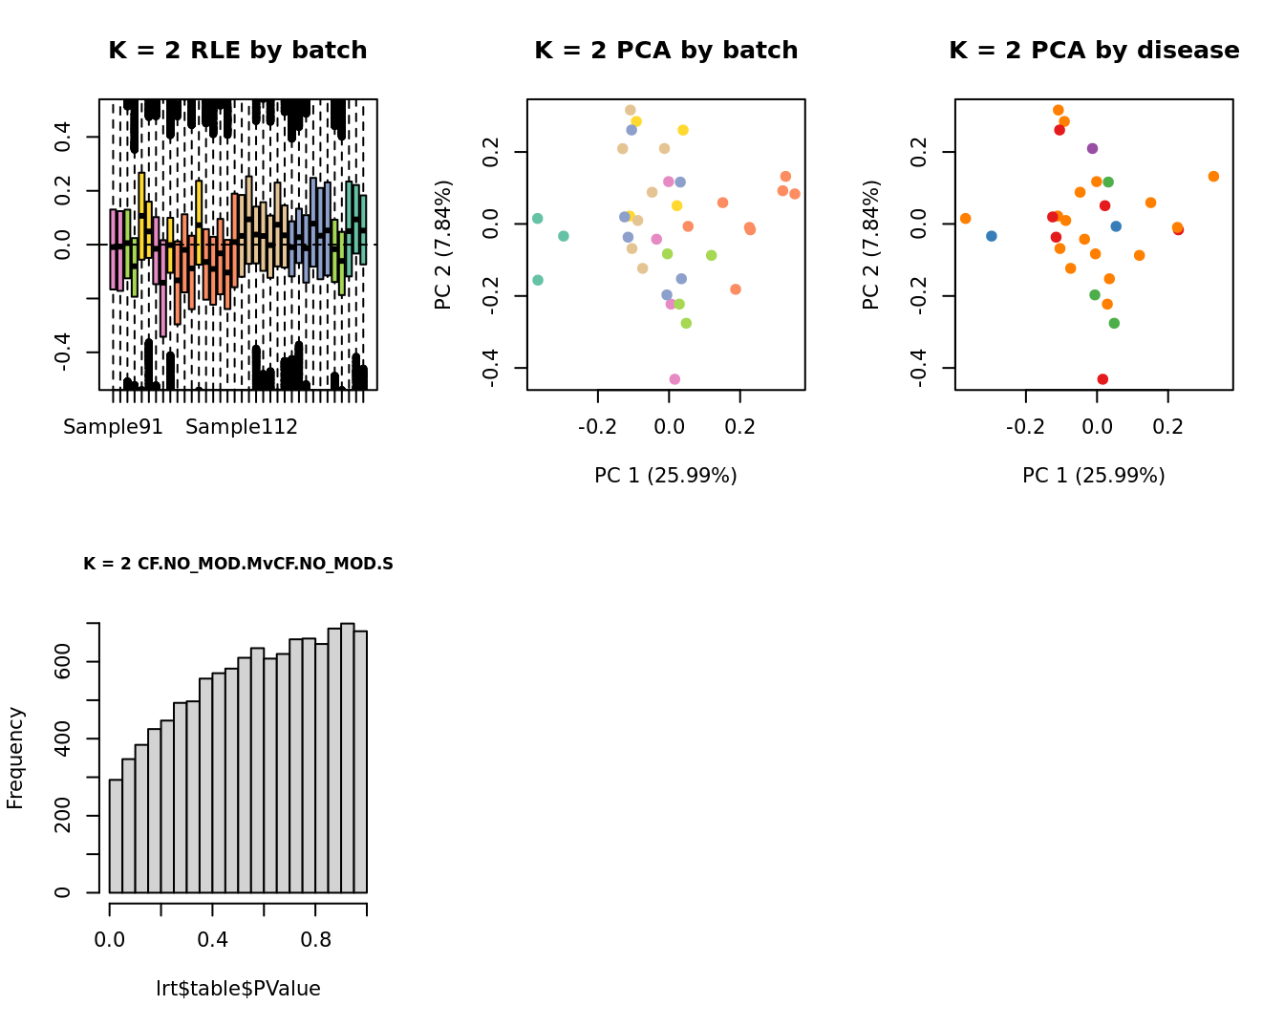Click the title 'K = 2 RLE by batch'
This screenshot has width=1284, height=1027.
(237, 51)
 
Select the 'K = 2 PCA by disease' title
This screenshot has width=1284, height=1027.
(1094, 51)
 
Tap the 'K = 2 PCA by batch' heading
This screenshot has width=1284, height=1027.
(666, 51)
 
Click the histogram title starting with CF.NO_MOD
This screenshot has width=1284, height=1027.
(238, 564)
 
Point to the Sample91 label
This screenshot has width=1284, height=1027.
(113, 427)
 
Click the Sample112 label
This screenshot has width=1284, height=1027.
(242, 427)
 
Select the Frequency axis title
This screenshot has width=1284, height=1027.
(15, 758)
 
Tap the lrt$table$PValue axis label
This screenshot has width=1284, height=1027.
(238, 989)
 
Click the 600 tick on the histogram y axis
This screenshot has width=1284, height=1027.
(64, 662)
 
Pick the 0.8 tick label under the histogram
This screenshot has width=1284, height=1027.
(315, 940)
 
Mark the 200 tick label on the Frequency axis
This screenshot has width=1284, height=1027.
(64, 816)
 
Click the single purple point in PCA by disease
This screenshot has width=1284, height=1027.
(1092, 148)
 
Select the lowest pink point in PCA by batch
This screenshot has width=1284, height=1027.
(674, 379)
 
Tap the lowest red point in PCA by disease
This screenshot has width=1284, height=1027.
(1102, 379)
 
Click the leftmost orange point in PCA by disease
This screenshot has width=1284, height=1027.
(965, 219)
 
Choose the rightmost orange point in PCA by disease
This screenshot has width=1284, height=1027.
(1213, 177)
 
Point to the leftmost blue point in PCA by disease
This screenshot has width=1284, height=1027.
(991, 236)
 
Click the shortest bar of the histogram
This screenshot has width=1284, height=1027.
(116, 836)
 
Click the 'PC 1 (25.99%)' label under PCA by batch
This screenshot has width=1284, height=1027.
(666, 476)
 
